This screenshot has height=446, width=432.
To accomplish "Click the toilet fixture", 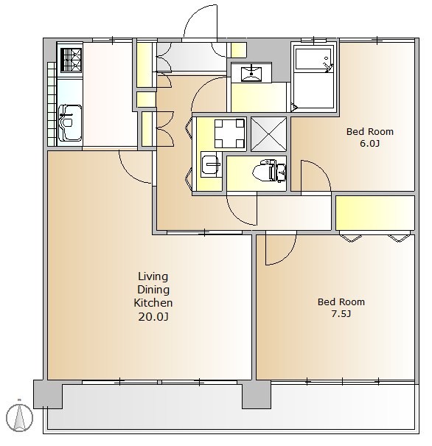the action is pyautogui.click(x=269, y=171).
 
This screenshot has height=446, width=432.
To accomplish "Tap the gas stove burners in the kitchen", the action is pyautogui.click(x=71, y=60).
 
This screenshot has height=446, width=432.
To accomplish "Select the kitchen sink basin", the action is pyautogui.click(x=70, y=123).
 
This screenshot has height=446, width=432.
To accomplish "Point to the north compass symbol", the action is pyautogui.click(x=20, y=418).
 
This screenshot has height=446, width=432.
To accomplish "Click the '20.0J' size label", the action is pyautogui.click(x=153, y=316).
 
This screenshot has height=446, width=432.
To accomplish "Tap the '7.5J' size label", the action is pyautogui.click(x=341, y=314).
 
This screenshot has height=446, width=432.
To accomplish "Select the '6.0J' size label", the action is pyautogui.click(x=370, y=143).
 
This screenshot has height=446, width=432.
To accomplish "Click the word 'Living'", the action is pyautogui.click(x=153, y=276).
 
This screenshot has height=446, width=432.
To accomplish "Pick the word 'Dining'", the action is pyautogui.click(x=153, y=290).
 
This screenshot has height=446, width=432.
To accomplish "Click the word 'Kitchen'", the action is pyautogui.click(x=153, y=303).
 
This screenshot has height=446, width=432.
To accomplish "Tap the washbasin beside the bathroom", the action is pyautogui.click(x=251, y=73).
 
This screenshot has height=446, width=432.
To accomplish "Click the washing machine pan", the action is pyautogui.click(x=229, y=133).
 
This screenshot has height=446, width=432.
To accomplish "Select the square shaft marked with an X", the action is pyautogui.click(x=268, y=134).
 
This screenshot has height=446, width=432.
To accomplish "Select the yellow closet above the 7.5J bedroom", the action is pyautogui.click(x=374, y=213).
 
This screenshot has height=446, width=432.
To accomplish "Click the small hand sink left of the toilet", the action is pyautogui.click(x=211, y=164).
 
